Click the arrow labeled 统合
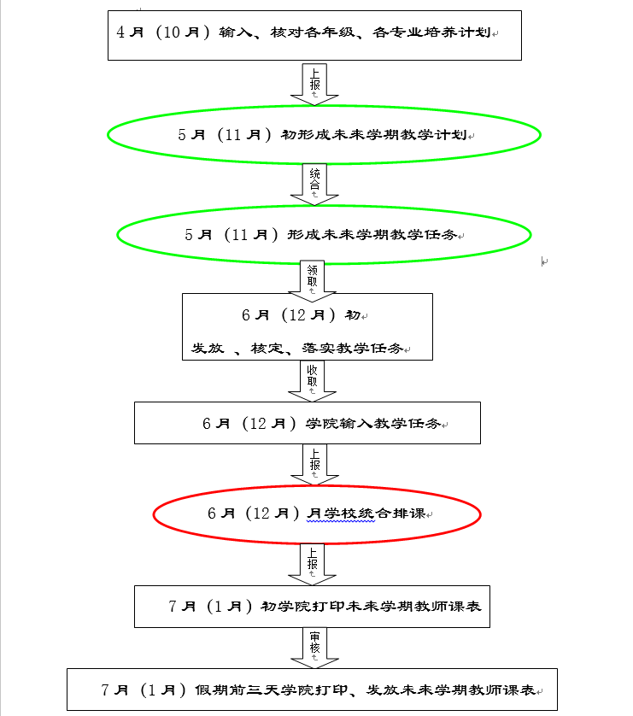point(314,185)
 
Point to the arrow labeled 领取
point(312,281)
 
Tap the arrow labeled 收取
point(312,381)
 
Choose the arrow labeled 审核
point(314,648)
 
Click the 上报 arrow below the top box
point(314,85)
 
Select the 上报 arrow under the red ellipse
point(312,565)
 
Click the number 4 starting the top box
point(120,32)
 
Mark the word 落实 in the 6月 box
point(318,349)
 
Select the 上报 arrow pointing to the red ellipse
point(314,465)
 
